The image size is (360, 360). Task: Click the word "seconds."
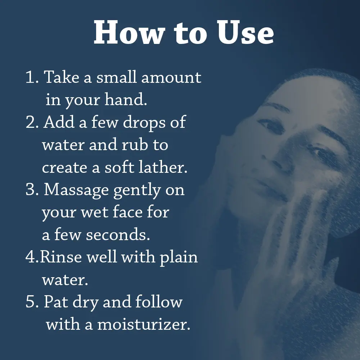[119, 235]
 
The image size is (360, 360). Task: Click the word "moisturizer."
[144, 325]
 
